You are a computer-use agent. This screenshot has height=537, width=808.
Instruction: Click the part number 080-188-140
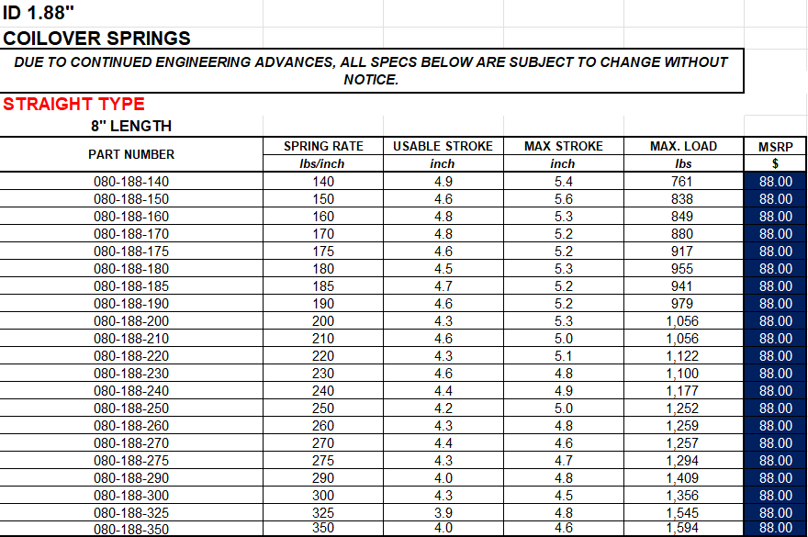click(131, 182)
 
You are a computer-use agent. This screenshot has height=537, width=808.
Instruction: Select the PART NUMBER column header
click(131, 154)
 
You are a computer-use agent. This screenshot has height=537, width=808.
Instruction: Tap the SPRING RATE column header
click(323, 146)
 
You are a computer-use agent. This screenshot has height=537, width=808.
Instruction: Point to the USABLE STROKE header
click(443, 146)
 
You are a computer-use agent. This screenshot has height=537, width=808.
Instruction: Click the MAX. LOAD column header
click(682, 146)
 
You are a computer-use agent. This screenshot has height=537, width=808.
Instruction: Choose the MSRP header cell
click(775, 146)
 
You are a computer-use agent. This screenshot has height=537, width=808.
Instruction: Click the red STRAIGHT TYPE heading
click(73, 104)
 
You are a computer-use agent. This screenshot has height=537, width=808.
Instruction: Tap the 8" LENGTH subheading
click(130, 126)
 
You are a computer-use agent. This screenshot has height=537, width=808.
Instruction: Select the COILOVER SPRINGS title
click(97, 39)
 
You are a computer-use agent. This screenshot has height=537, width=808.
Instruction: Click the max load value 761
click(682, 182)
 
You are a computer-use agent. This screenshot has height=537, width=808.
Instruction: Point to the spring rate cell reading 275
click(323, 460)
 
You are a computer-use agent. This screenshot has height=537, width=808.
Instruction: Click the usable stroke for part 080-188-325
click(443, 512)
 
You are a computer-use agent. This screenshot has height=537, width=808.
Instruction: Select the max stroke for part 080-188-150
click(563, 199)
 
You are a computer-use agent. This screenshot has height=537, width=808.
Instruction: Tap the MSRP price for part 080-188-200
click(775, 321)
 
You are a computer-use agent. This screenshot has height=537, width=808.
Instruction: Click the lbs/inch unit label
click(323, 163)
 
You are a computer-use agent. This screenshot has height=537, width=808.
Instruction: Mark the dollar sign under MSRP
click(775, 163)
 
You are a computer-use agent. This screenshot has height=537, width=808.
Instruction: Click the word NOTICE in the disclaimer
click(371, 80)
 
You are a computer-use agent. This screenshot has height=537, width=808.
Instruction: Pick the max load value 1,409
click(682, 477)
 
